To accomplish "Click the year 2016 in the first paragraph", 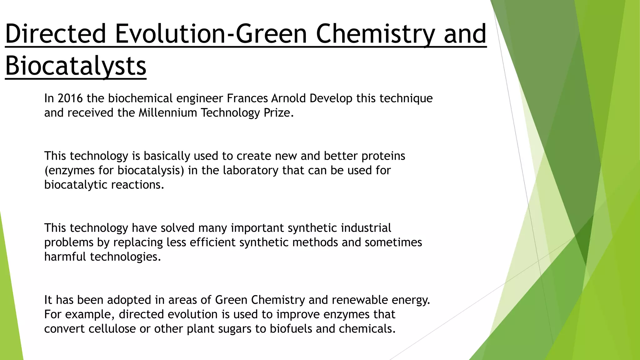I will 70,98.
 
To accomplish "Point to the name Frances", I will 247,98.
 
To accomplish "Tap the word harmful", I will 65,257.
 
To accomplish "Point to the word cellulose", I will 112,328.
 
